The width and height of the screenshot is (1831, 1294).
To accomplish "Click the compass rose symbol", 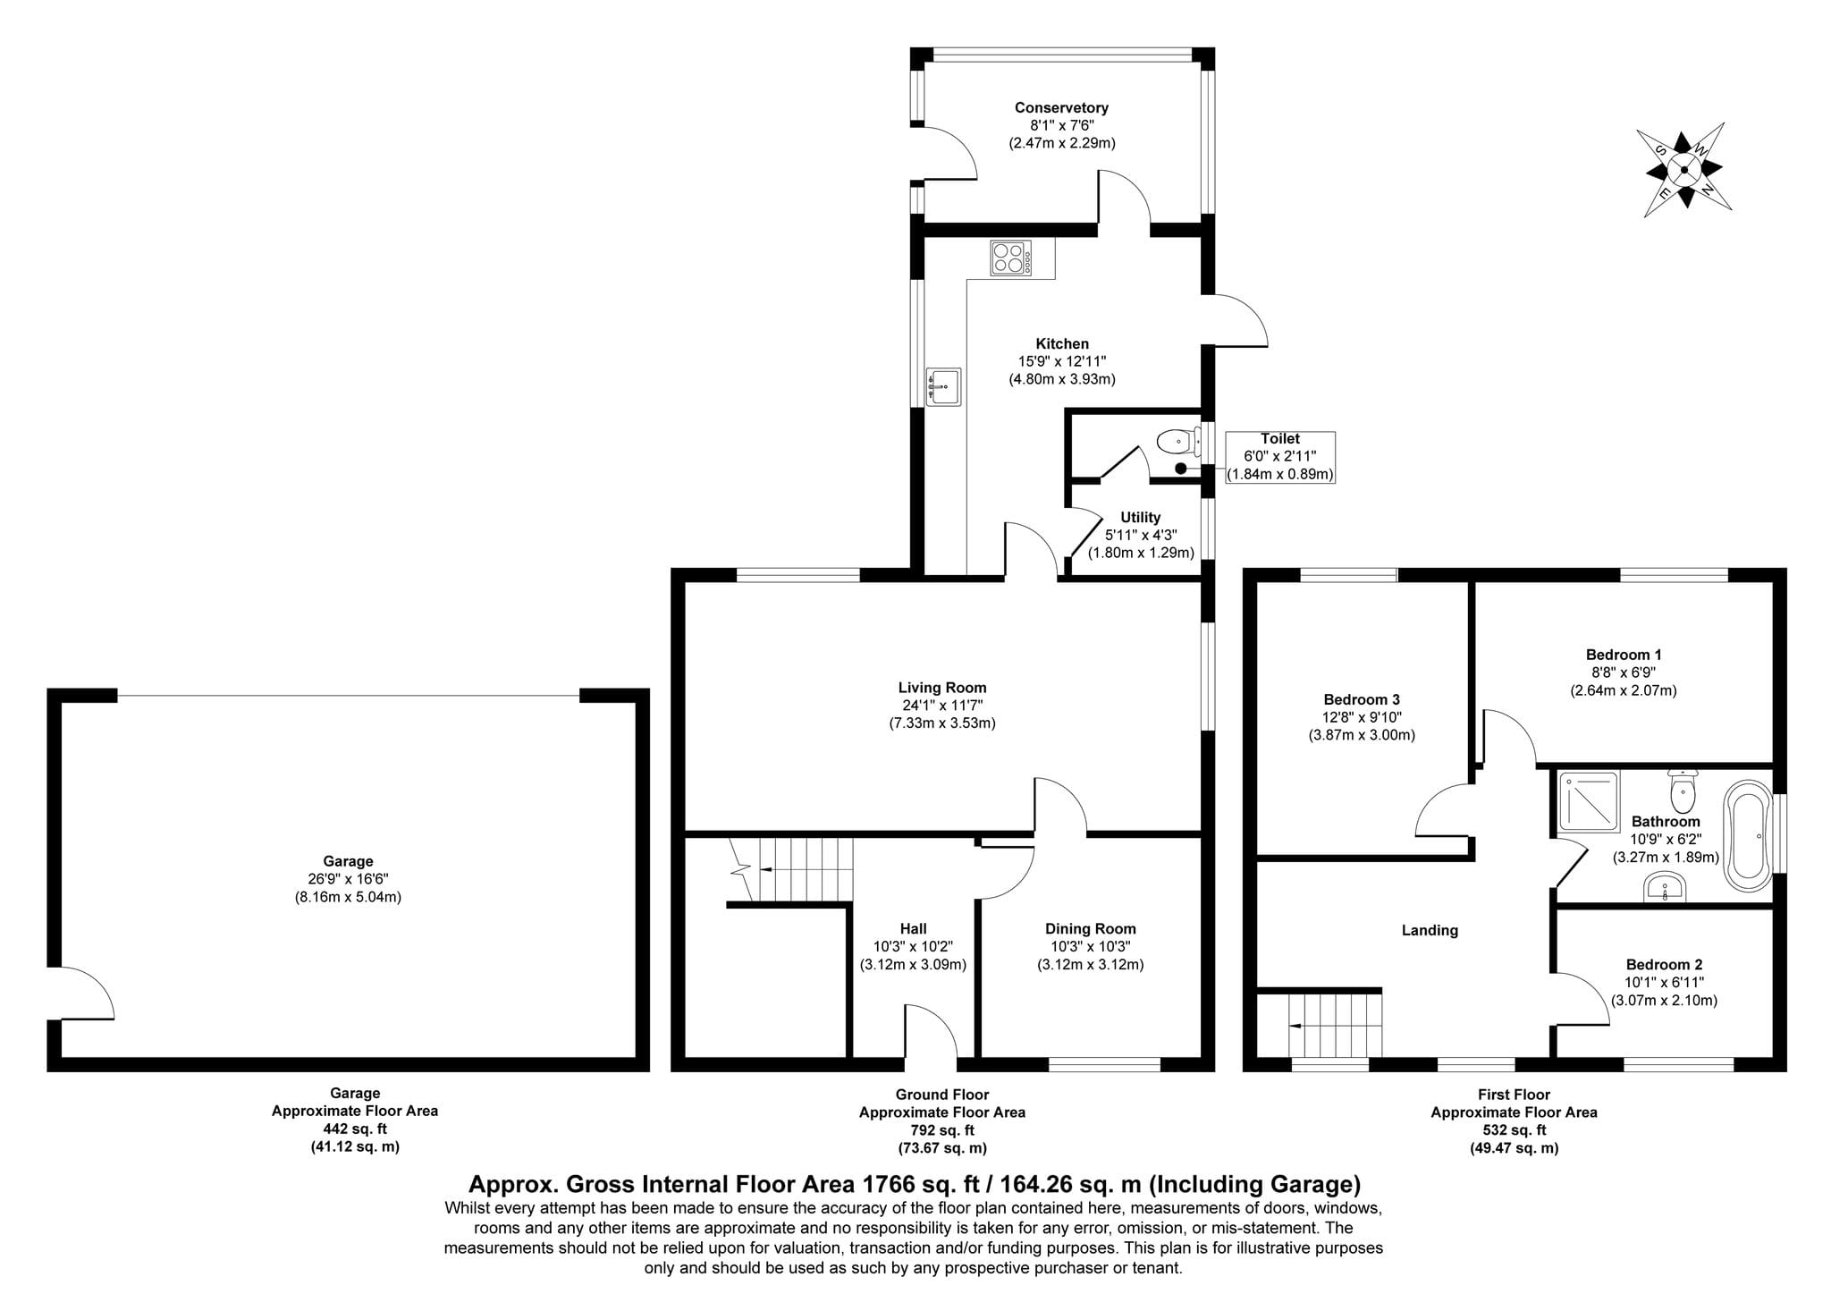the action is pos(1684,170).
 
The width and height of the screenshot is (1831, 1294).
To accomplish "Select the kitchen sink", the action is pos(943,387).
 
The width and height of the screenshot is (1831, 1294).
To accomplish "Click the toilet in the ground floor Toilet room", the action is pos(1178,442).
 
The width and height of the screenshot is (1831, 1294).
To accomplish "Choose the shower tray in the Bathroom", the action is pos(1590,801).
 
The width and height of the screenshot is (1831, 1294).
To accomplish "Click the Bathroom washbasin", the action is pos(1665,887).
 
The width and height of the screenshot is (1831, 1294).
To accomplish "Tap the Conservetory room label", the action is pos(1061,108).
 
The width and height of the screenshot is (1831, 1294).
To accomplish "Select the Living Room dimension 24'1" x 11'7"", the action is pos(942,706).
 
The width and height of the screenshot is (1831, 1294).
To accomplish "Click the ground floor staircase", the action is pos(791,870).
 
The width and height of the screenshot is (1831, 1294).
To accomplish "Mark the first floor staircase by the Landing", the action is pos(1336,1028).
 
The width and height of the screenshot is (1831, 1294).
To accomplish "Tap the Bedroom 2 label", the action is pos(1664,965).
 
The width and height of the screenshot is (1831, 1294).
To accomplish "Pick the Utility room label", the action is pos(1141,518).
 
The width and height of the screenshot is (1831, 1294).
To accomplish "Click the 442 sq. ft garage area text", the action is pos(355,1129).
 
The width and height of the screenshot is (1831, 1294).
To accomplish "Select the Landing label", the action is pos(1430,931).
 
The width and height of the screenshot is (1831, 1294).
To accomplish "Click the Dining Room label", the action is pos(1091,929).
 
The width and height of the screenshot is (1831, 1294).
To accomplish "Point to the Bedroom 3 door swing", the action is pos(1441,809).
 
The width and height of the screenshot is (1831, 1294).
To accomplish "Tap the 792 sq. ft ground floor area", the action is pos(942,1131).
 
